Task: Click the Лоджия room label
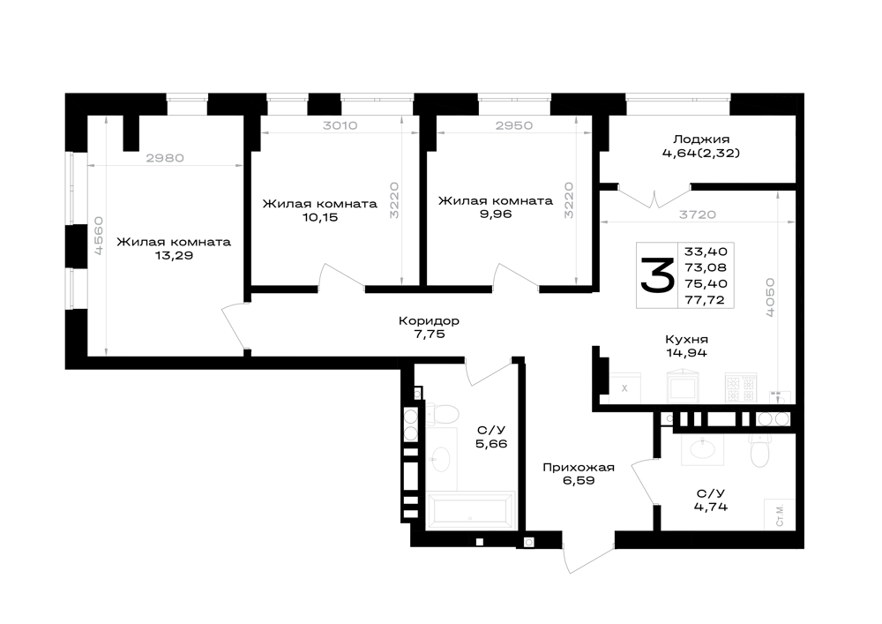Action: pyautogui.click(x=701, y=139)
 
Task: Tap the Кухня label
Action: pyautogui.click(x=686, y=339)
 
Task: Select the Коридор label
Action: pyautogui.click(x=429, y=320)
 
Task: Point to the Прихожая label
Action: pyautogui.click(x=579, y=468)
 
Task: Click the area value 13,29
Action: pyautogui.click(x=174, y=255)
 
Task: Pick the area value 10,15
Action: pyautogui.click(x=320, y=217)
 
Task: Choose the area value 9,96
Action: pyautogui.click(x=496, y=214)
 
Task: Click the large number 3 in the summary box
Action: pyautogui.click(x=657, y=275)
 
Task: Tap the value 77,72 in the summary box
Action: pyautogui.click(x=706, y=300)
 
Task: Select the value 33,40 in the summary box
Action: pyautogui.click(x=706, y=251)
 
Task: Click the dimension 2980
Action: pyautogui.click(x=165, y=158)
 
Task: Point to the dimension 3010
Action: pyautogui.click(x=340, y=125)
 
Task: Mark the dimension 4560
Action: pyautogui.click(x=98, y=237)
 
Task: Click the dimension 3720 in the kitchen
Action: pyautogui.click(x=698, y=214)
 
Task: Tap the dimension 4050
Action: pyautogui.click(x=770, y=297)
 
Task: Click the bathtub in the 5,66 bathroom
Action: pyautogui.click(x=471, y=510)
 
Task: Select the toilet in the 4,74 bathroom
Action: pyautogui.click(x=759, y=449)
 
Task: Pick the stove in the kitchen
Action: pyautogui.click(x=741, y=387)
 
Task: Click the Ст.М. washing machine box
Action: pyautogui.click(x=780, y=515)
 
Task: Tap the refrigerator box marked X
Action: pyautogui.click(x=624, y=387)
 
